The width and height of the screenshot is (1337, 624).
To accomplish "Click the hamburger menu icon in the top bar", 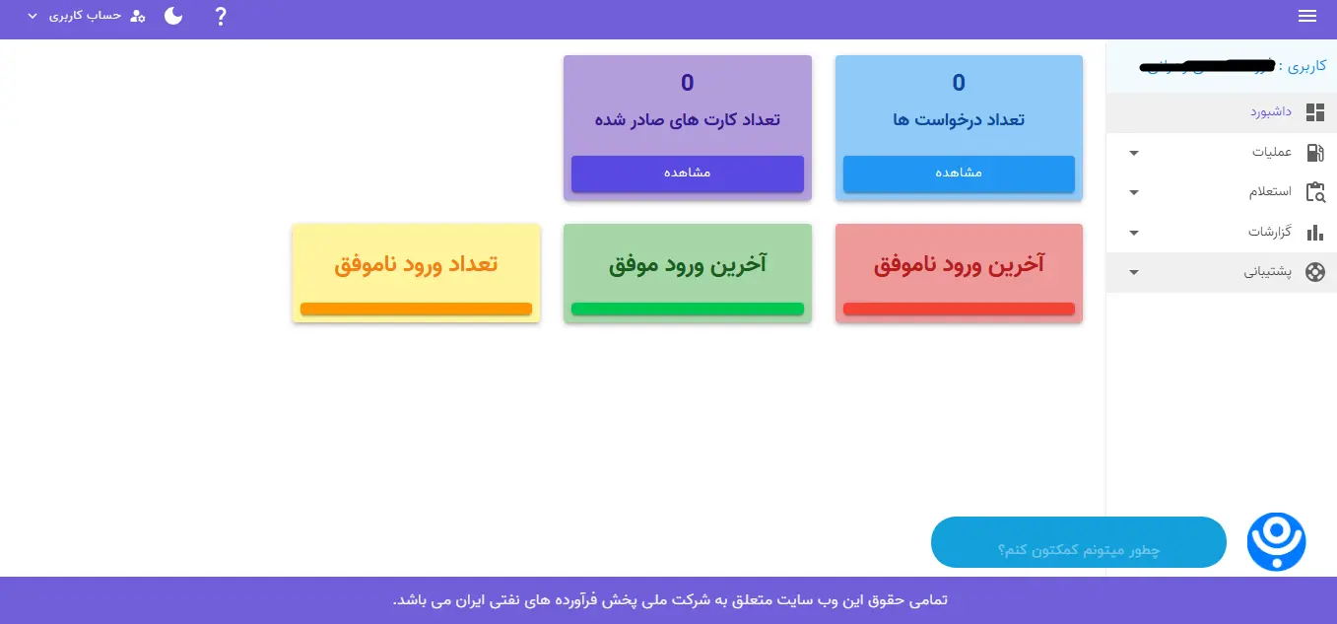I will point(1307,16).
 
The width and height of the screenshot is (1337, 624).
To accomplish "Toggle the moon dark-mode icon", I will point(173,16).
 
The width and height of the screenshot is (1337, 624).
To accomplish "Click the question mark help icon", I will point(221,17).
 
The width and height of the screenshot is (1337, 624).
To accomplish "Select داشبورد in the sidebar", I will point(1271,112).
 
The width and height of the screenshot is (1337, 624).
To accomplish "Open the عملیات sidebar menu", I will point(1271,153).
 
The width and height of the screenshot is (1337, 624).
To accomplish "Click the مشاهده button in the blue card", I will point(959,173).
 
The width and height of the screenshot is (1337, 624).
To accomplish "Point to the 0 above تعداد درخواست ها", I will point(959,83).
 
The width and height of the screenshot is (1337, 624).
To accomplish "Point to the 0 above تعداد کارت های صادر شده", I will point(688,83).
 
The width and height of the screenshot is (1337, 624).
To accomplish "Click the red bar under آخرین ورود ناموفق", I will point(959,310).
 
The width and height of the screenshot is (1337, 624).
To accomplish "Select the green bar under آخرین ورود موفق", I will point(688,310).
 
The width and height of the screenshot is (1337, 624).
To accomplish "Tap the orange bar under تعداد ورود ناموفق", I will point(416,310).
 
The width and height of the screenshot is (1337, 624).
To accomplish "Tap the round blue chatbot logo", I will point(1276,541).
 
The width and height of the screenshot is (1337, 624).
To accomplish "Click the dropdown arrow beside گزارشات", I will point(1134,233).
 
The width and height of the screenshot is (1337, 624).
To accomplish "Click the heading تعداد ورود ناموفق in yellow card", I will point(416,265).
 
